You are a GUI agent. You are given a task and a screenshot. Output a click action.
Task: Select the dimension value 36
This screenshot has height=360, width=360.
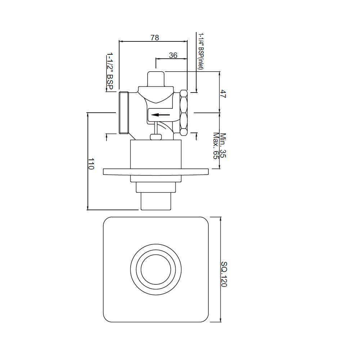[173, 55]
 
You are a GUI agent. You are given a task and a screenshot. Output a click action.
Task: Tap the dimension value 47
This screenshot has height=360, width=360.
[223, 95]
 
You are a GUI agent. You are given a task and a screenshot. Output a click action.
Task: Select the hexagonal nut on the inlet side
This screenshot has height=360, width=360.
[184, 112]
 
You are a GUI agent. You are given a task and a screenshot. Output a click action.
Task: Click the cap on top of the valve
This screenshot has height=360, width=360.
[156, 78]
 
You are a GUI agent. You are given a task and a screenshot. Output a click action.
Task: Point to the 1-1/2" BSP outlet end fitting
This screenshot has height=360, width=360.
[123, 112]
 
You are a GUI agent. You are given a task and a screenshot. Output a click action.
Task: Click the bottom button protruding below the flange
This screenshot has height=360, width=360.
[155, 202]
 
